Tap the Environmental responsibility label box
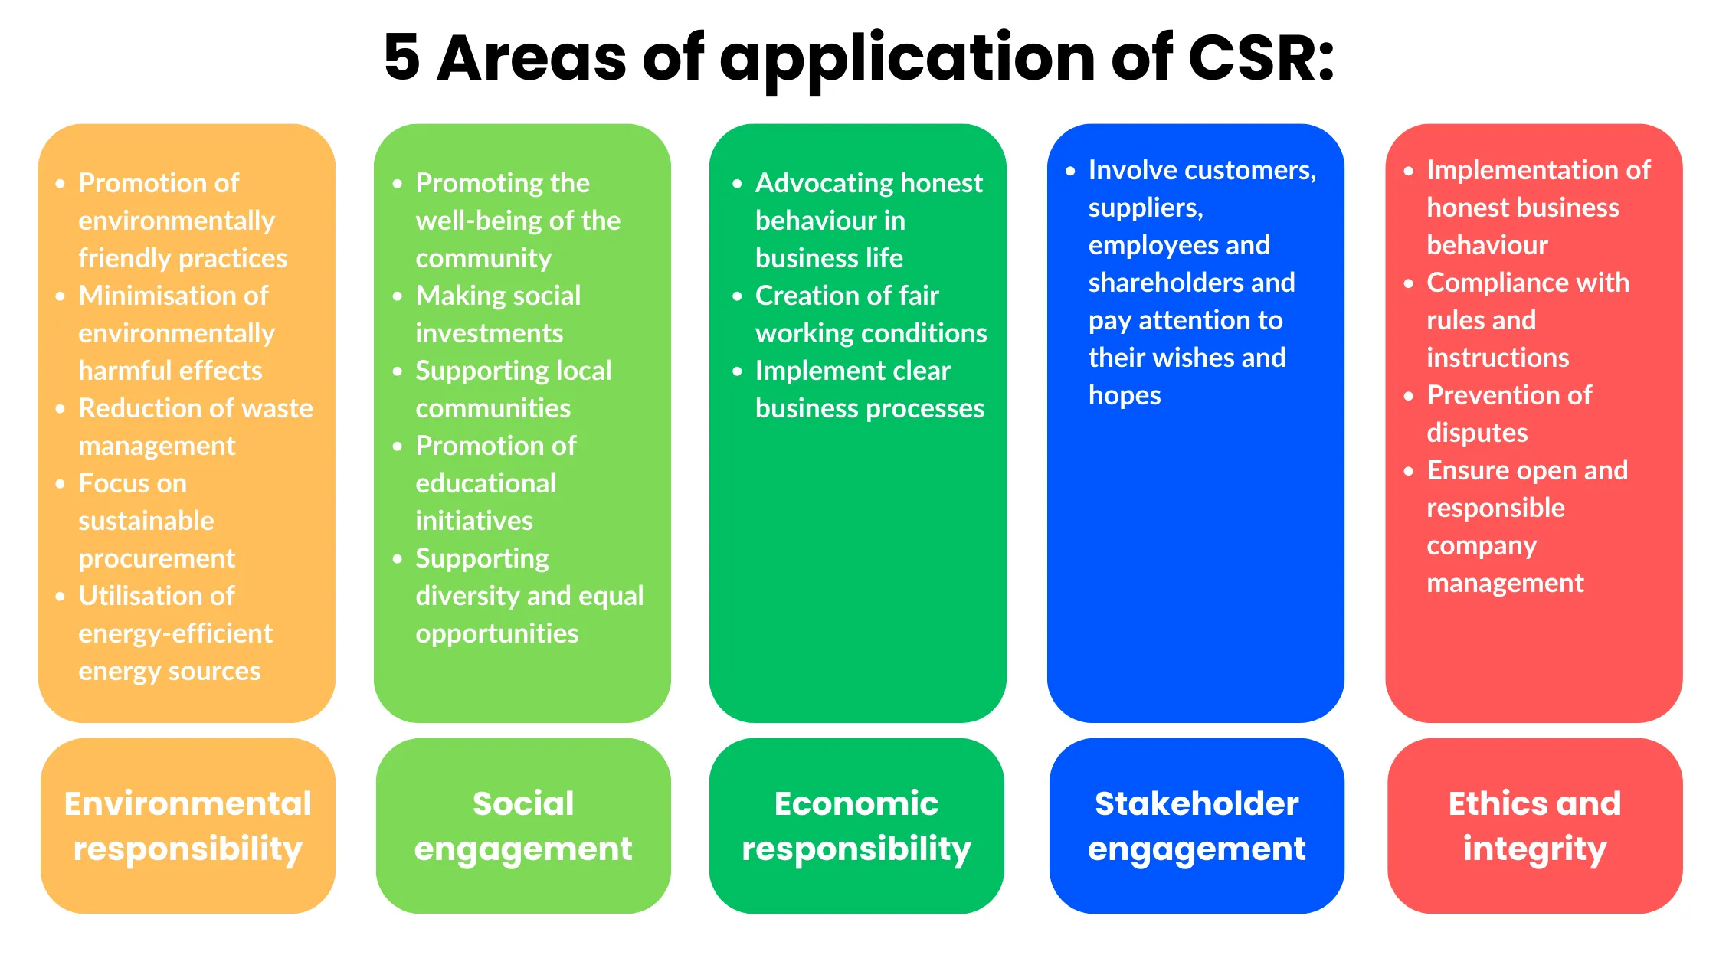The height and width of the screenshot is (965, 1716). click(x=188, y=826)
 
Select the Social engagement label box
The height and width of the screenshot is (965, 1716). click(x=523, y=826)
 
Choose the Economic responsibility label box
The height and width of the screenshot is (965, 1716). click(x=856, y=826)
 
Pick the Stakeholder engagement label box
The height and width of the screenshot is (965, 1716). click(x=1197, y=826)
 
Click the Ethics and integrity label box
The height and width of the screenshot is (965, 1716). click(x=1534, y=826)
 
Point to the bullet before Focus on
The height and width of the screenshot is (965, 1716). click(x=61, y=484)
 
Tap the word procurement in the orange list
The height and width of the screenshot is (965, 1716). click(x=156, y=558)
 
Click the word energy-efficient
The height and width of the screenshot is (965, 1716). click(x=175, y=633)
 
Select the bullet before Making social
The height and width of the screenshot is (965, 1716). click(x=398, y=296)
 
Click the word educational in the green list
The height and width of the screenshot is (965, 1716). click(x=485, y=483)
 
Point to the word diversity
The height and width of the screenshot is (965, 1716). click(x=467, y=596)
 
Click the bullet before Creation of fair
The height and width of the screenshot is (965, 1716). click(x=737, y=296)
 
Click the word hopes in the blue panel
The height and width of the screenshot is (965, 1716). click(x=1124, y=395)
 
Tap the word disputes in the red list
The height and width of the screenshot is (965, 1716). click(x=1476, y=433)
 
